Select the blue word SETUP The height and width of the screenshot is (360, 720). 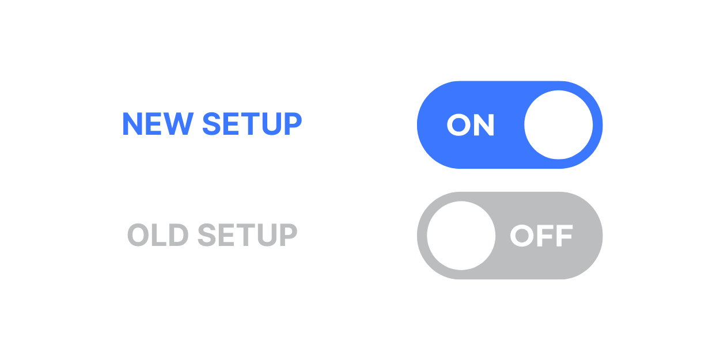pyautogui.click(x=252, y=124)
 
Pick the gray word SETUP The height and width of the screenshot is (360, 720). pyautogui.click(x=248, y=235)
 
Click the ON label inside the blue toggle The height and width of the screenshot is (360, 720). pyautogui.click(x=471, y=125)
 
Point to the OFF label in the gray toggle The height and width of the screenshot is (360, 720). pyautogui.click(x=541, y=236)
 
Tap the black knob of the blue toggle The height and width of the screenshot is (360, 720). pyautogui.click(x=558, y=125)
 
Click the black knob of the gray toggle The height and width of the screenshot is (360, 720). pyautogui.click(x=461, y=236)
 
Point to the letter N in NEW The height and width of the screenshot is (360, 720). pyautogui.click(x=132, y=124)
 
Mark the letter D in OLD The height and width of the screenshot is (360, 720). pyautogui.click(x=177, y=235)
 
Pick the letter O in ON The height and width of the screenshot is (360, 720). pyautogui.click(x=459, y=125)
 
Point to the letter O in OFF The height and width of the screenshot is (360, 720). pyautogui.click(x=522, y=236)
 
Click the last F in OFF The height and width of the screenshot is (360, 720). pyautogui.click(x=563, y=236)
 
